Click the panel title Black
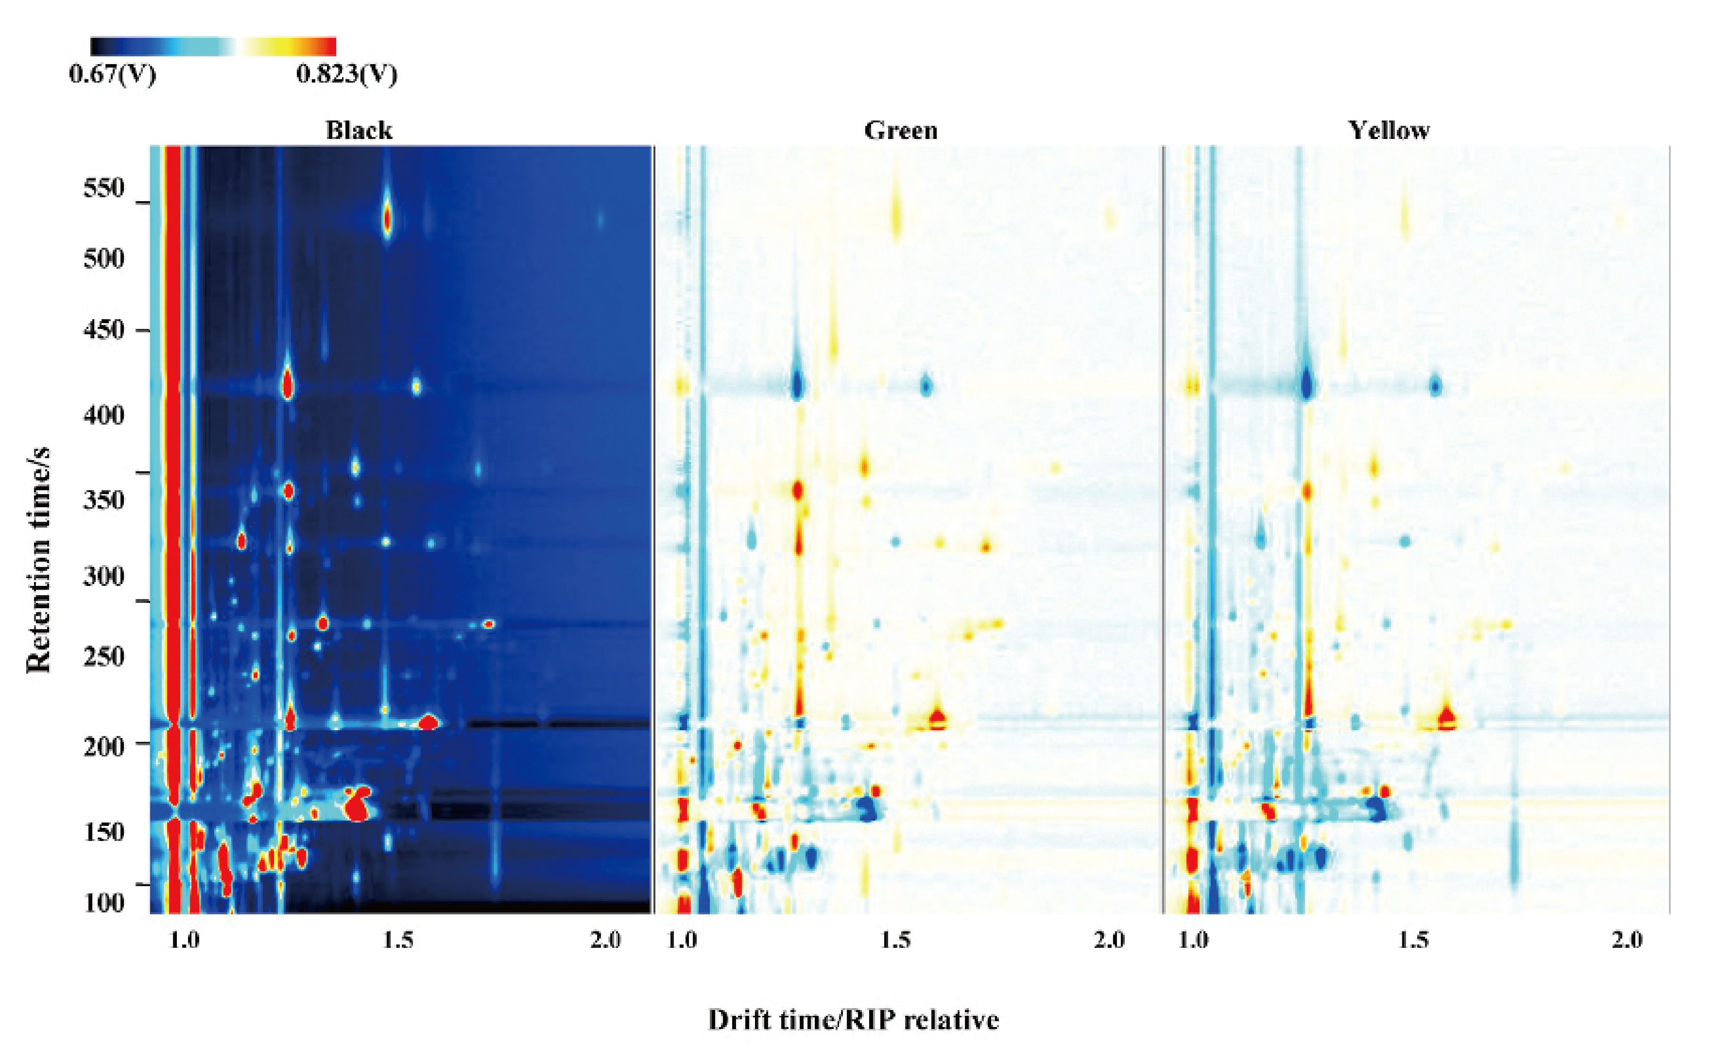pyautogui.click(x=359, y=130)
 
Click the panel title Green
pyautogui.click(x=900, y=130)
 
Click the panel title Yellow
pyautogui.click(x=1389, y=130)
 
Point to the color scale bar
pyautogui.click(x=213, y=47)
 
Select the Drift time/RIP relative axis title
pyautogui.click(x=853, y=1019)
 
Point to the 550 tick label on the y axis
pyautogui.click(x=104, y=188)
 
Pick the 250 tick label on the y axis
pyautogui.click(x=104, y=656)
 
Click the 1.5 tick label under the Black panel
pyautogui.click(x=398, y=940)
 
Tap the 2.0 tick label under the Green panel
pyautogui.click(x=1109, y=940)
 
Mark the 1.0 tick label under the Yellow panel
pyautogui.click(x=1194, y=940)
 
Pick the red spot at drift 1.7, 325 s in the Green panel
pyautogui.click(x=986, y=547)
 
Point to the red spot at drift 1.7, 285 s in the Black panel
pyautogui.click(x=489, y=623)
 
